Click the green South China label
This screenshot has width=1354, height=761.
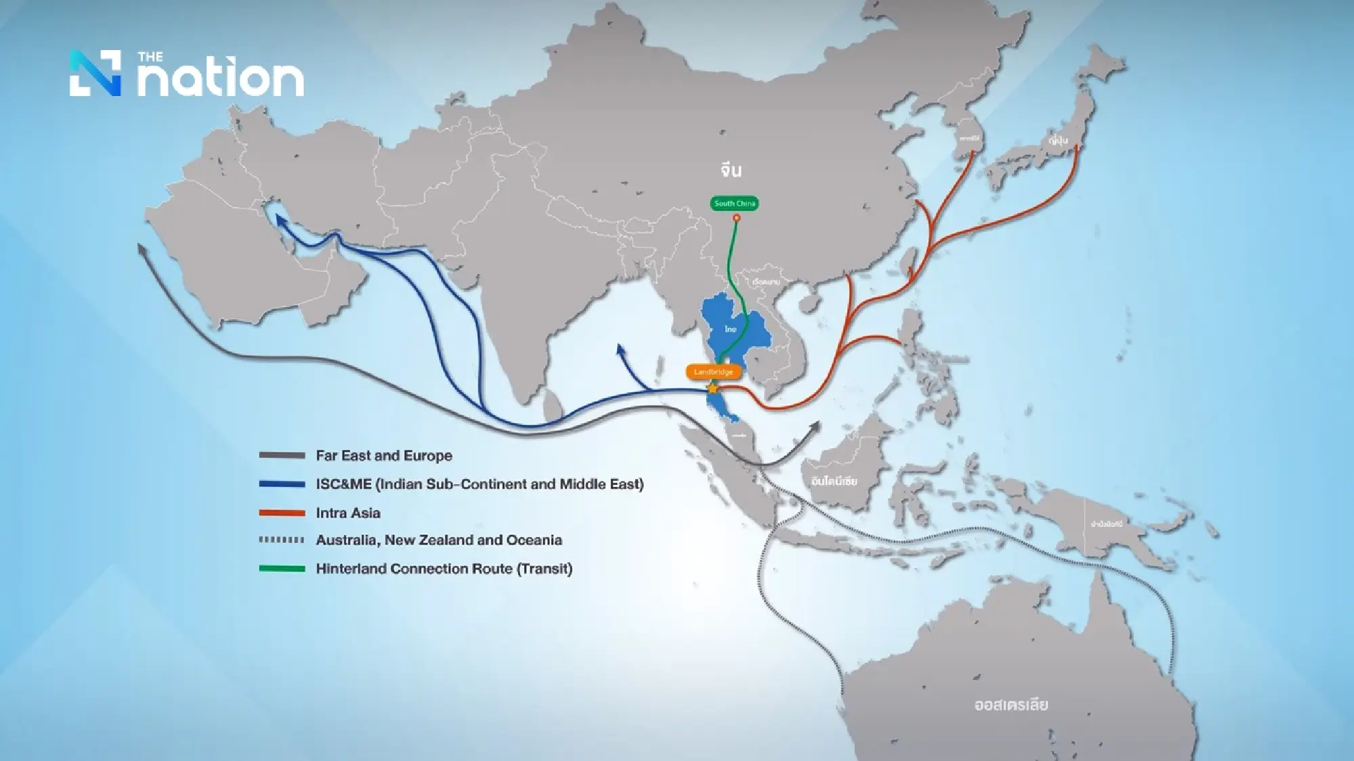(735, 203)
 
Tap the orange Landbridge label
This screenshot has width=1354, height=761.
(714, 372)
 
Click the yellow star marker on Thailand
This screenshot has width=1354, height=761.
(712, 388)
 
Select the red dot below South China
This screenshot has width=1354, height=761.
(737, 218)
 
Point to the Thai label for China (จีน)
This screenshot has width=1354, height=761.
(731, 170)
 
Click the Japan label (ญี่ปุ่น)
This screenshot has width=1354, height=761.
(1057, 140)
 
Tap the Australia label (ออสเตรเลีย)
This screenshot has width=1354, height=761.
(1011, 705)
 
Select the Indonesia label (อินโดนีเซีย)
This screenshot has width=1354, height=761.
(834, 481)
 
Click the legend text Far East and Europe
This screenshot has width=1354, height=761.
(384, 456)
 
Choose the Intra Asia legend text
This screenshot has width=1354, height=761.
(348, 513)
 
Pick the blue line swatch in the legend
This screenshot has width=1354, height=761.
(282, 484)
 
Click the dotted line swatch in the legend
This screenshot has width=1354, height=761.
(282, 540)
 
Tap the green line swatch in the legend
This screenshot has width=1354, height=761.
(282, 569)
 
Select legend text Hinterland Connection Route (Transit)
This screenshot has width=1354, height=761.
(444, 569)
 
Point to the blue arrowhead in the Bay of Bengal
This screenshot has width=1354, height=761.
(620, 349)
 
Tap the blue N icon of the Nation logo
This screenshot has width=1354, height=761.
(95, 73)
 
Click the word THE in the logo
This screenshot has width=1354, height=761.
(150, 57)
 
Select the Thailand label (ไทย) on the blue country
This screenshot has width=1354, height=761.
(730, 329)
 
